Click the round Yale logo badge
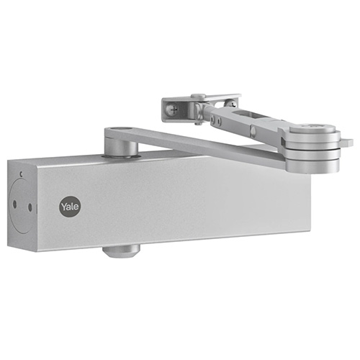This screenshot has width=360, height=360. point(70,207)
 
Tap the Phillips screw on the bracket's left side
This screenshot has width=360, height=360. point(173,109)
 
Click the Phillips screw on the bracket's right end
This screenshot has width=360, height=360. point(231,103)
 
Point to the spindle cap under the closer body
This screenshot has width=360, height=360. point(121,251)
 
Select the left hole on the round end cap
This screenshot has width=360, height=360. point(14,204)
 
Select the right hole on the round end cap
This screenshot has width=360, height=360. point(30,207)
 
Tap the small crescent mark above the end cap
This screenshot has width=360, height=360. point(21,174)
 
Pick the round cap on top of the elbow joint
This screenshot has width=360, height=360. point(312,129)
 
